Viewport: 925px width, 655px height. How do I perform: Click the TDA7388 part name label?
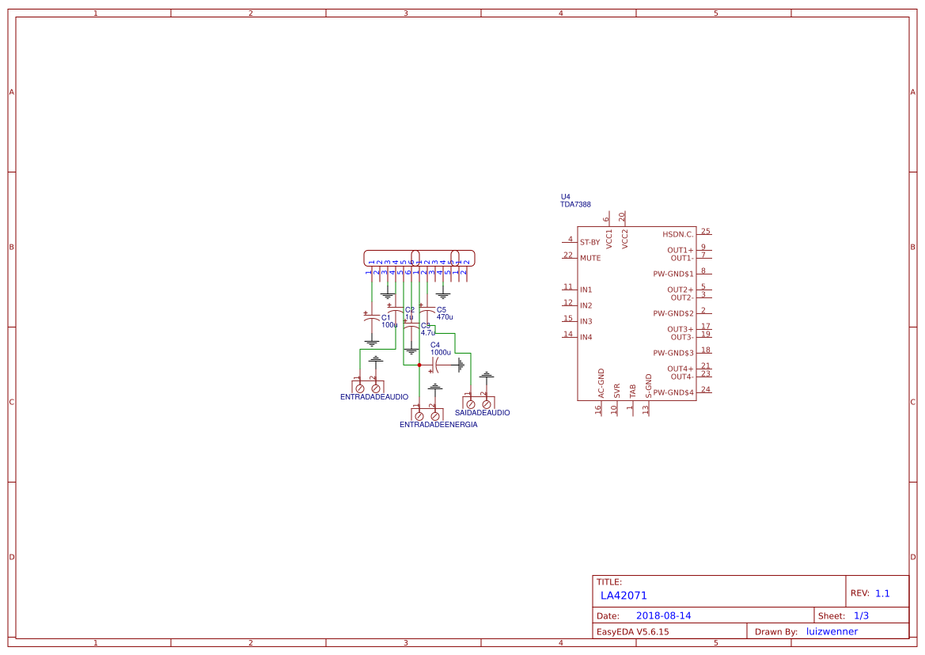[x=575, y=205]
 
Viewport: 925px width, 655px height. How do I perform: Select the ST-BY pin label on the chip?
[x=589, y=242]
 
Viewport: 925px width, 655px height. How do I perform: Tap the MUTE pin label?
[x=589, y=258]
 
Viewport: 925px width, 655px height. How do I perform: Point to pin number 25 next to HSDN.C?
[x=705, y=232]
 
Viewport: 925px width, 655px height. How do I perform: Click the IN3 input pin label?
[x=586, y=321]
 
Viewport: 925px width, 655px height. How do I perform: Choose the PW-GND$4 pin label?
[x=673, y=392]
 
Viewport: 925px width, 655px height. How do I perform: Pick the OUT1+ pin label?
[x=680, y=250]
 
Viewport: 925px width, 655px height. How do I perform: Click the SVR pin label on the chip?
[x=616, y=391]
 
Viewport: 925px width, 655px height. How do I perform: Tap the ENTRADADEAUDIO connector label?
[x=374, y=396]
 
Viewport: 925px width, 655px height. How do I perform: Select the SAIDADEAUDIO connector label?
[x=483, y=413]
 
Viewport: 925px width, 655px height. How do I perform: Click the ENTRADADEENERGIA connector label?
[x=438, y=425]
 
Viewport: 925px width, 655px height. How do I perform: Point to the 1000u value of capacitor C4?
[x=441, y=352]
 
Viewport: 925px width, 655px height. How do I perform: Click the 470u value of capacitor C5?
[x=445, y=316]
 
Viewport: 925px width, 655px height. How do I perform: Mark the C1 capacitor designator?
[x=386, y=317]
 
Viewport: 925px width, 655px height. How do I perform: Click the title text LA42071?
[x=624, y=596]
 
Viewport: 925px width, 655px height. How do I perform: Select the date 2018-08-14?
[x=663, y=615]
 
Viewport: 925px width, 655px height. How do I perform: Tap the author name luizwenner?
[x=832, y=631]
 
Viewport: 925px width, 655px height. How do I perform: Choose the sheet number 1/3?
[x=861, y=615]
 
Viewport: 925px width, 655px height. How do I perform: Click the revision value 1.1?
[x=882, y=593]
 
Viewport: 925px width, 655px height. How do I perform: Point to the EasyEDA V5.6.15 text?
[x=632, y=631]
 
